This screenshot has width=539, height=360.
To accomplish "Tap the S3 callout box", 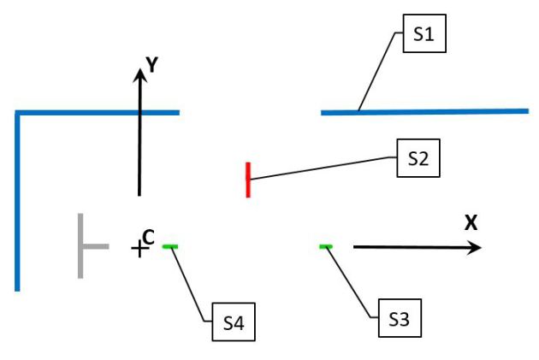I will tap(399, 320).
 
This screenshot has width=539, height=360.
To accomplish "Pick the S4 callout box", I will tap(234, 322).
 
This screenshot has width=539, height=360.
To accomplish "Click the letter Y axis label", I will tap(151, 64).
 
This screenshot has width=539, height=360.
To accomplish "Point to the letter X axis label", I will tap(471, 223).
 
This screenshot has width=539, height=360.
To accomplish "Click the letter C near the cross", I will tap(148, 237).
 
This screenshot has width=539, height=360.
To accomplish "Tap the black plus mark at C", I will tap(138, 249).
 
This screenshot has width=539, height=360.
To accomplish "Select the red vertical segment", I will tap(248, 180).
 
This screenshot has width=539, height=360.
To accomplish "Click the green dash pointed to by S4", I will tap(170, 247).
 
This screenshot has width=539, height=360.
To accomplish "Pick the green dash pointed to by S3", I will tap(325, 247).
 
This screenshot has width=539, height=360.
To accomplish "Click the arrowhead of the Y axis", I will tap(139, 74).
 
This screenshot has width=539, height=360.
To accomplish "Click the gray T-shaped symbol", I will tap(86, 246).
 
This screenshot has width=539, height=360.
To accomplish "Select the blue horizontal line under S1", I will tap(424, 111).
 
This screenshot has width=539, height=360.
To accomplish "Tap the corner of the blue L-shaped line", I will tap(18, 113).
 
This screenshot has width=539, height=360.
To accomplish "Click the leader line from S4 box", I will tap(193, 282).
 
